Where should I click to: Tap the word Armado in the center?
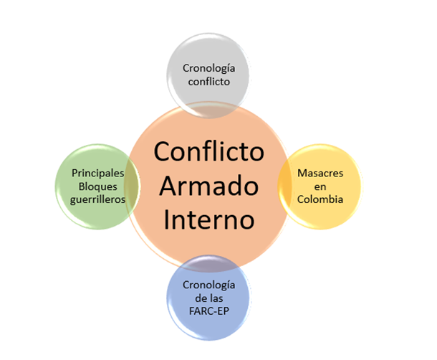click(x=208, y=186)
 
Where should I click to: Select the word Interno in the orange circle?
click(x=208, y=219)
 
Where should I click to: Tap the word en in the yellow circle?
click(x=321, y=187)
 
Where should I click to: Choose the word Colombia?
click(x=321, y=199)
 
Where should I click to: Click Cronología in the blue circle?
click(x=208, y=287)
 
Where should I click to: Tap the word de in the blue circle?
click(x=198, y=299)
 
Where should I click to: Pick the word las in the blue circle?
click(x=218, y=299)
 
